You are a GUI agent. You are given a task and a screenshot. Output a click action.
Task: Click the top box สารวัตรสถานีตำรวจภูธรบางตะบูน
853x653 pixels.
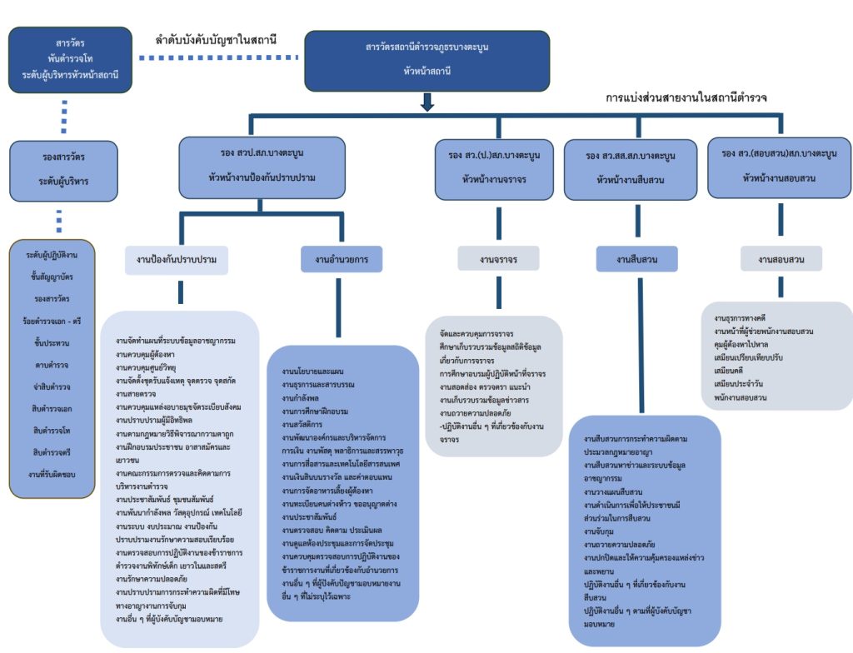pos(427,59)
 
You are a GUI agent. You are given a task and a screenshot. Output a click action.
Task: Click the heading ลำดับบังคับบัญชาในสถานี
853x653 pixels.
pos(216,39)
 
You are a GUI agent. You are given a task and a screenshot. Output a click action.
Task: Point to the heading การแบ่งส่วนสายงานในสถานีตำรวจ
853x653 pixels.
pos(686,97)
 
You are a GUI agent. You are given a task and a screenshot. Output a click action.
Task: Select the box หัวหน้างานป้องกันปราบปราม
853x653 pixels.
pos(262,166)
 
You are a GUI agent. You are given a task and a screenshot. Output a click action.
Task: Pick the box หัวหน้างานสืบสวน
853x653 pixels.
pos(630,167)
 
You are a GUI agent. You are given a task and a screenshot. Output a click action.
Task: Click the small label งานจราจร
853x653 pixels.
pos(498,259)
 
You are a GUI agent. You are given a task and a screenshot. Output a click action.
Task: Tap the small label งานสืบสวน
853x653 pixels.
pos(637,260)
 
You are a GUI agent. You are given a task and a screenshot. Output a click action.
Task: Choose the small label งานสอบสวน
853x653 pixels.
pos(781,260)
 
